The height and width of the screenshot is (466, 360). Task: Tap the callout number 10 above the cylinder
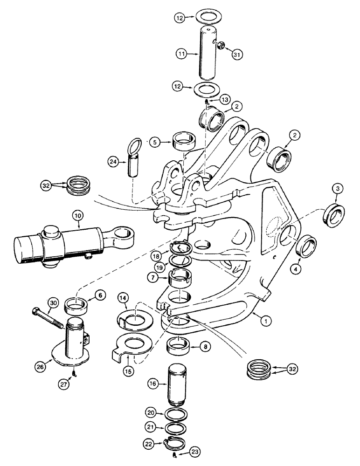pos(77,216)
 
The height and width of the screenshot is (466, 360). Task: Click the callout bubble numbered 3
pos(337,189)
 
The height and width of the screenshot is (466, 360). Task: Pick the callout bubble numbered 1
pos(266,321)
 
